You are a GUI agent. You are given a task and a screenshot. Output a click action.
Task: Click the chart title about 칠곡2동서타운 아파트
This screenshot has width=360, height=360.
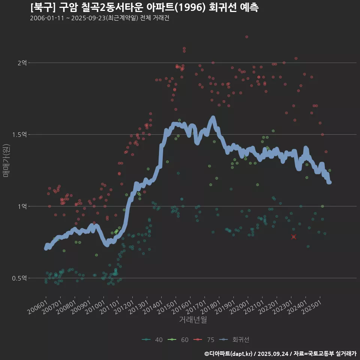(144, 7)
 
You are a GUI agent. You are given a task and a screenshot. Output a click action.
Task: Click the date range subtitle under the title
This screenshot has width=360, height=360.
(99, 18)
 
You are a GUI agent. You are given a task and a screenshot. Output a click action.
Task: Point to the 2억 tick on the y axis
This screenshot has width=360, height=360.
(22, 63)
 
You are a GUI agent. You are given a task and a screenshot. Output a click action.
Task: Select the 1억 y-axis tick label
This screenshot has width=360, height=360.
(22, 206)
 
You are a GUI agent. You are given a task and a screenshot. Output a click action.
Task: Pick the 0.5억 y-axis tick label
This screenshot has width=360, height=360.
(19, 278)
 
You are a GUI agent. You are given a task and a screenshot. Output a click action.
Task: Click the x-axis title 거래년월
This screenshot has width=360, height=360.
(193, 319)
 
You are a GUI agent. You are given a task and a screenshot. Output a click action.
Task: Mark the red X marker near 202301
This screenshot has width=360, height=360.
(294, 237)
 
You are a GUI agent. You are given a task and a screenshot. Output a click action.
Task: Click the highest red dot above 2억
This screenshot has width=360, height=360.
(246, 37)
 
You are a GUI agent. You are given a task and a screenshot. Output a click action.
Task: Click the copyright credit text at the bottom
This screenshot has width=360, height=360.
(280, 354)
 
